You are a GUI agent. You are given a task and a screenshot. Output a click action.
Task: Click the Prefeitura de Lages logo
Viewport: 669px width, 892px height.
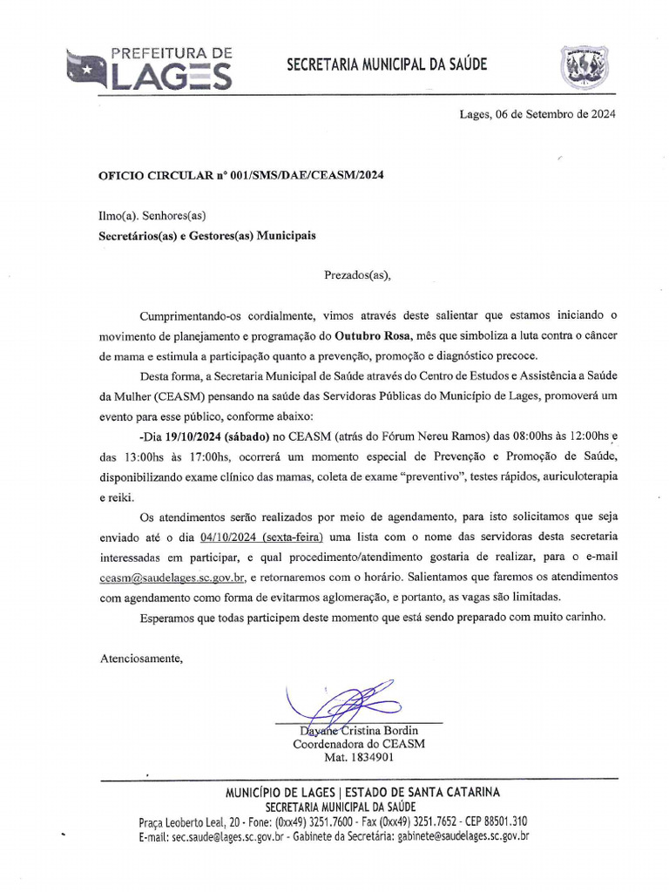150,69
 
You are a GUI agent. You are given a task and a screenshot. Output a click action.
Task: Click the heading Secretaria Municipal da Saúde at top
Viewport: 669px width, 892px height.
387,65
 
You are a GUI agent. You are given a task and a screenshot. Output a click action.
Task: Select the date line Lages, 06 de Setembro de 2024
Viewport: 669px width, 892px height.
537,114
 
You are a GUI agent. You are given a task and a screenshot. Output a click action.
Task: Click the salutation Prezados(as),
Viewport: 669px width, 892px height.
358,275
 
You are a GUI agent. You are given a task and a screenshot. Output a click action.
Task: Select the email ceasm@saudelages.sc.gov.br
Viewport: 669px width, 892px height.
174,577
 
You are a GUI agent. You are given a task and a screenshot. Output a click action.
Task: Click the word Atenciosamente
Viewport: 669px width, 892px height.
141,658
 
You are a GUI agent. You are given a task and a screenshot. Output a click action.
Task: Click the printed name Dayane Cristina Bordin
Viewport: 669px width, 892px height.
358,730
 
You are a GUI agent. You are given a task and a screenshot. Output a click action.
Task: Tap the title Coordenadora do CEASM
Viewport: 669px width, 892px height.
358,744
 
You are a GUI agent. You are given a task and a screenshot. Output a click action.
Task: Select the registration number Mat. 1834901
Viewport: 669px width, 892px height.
358,758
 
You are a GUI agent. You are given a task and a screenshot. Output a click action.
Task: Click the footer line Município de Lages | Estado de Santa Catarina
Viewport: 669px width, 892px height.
362,792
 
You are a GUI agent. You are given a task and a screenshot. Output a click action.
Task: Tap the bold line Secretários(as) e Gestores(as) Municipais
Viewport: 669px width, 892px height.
206,235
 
